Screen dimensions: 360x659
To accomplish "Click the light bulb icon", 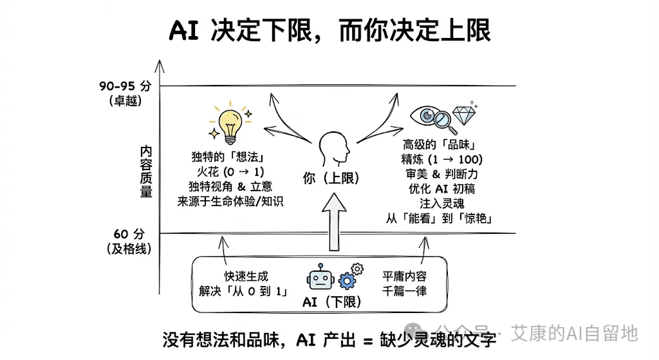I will [230, 124].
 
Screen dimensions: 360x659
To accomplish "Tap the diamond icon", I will [464, 115].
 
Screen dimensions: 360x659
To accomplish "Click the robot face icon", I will [320, 278].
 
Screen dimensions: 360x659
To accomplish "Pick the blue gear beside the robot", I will [348, 280].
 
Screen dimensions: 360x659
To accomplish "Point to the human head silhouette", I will [335, 149].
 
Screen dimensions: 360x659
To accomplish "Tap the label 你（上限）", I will [331, 179].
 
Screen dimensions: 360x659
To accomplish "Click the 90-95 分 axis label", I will [125, 86].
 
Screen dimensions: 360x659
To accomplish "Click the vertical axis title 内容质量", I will [146, 171].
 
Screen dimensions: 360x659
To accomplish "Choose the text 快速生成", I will [246, 276].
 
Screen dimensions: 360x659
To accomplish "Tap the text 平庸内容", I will [404, 276].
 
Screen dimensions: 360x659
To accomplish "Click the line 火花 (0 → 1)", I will [230, 172].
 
